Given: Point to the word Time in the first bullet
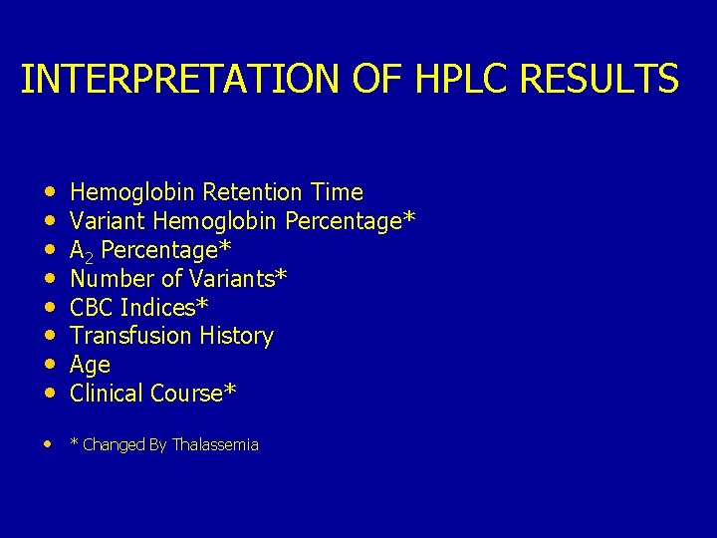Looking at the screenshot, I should (337, 192).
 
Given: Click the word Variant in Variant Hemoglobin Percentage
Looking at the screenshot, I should (108, 221).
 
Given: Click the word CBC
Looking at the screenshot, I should (92, 308).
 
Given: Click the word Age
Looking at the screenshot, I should (90, 366).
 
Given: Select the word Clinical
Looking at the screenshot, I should (107, 394).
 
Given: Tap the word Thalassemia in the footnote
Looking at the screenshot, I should (215, 445).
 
